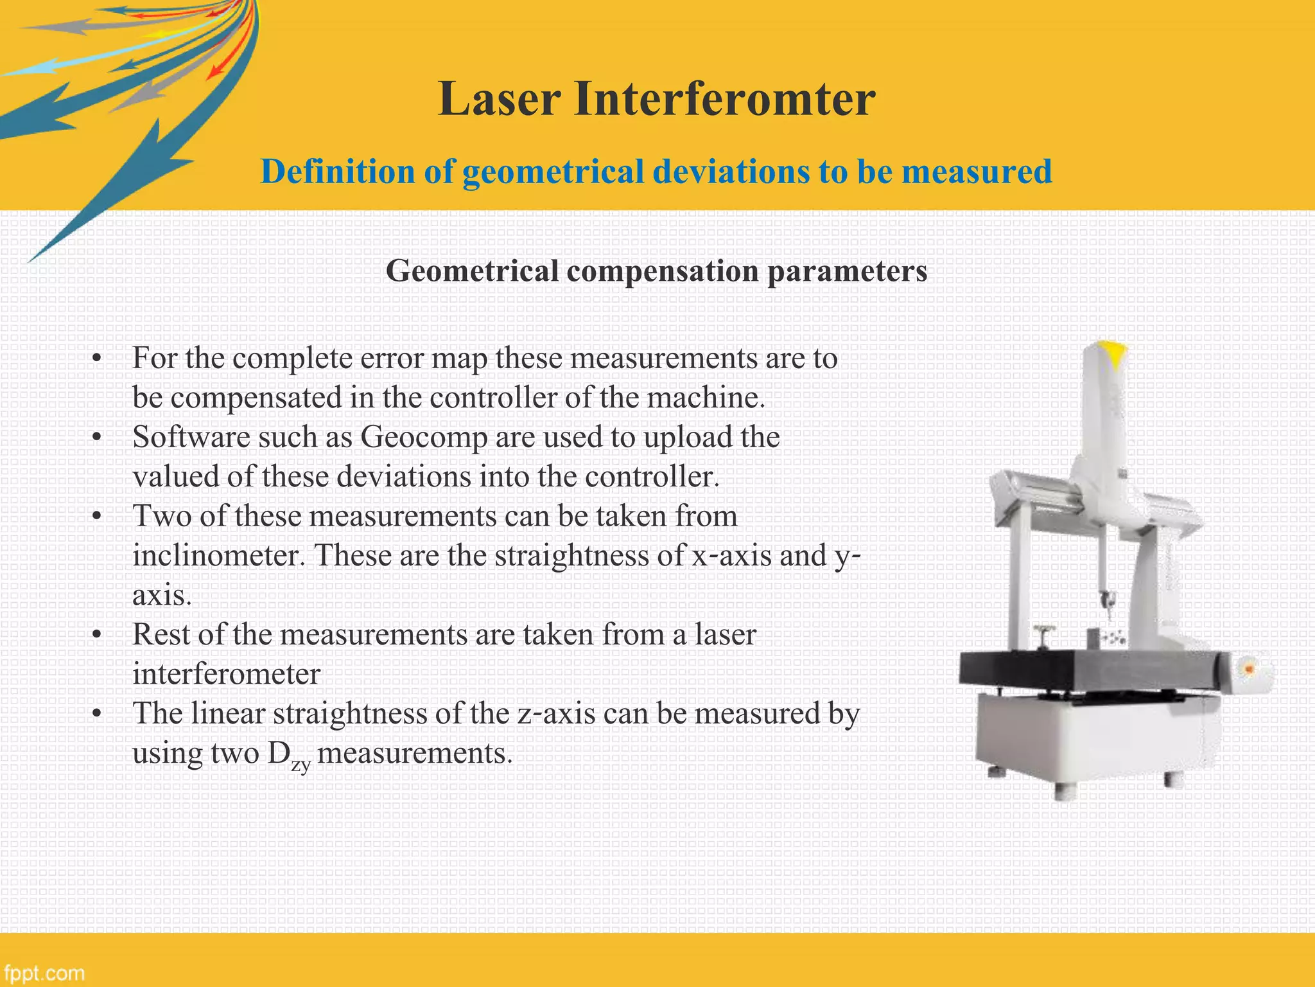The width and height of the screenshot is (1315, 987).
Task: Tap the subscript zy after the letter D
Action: [300, 764]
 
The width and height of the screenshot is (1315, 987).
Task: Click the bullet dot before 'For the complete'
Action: [97, 359]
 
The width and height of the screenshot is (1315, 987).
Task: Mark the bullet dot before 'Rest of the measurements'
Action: [97, 636]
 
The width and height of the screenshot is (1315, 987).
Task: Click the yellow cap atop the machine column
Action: [1115, 353]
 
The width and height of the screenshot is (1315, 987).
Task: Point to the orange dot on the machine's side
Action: [1249, 669]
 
